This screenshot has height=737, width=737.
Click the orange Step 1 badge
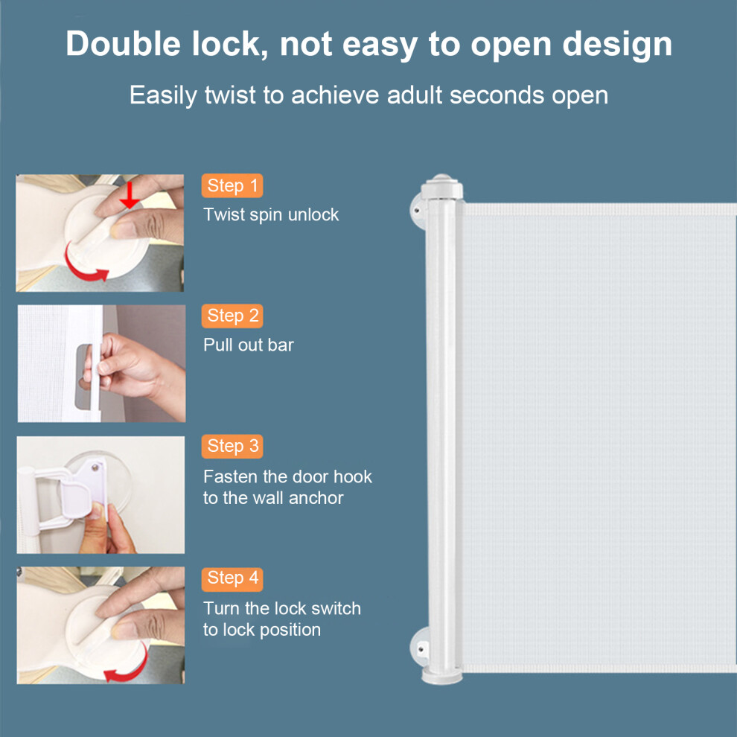pyautogui.click(x=232, y=185)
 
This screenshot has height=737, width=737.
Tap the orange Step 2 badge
pyautogui.click(x=232, y=316)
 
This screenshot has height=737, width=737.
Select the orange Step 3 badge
pyautogui.click(x=232, y=446)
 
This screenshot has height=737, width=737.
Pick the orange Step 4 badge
pyautogui.click(x=232, y=578)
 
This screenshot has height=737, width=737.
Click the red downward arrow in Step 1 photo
pyautogui.click(x=130, y=195)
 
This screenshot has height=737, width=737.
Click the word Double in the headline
pyautogui.click(x=123, y=44)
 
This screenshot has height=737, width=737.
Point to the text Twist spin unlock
pyautogui.click(x=271, y=215)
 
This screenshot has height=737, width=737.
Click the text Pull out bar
pyautogui.click(x=249, y=345)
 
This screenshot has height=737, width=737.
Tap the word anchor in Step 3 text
pyautogui.click(x=316, y=498)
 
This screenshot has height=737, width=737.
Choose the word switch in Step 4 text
pyautogui.click(x=336, y=609)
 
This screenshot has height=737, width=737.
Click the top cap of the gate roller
pyautogui.click(x=441, y=187)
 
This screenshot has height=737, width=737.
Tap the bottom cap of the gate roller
pyautogui.click(x=441, y=675)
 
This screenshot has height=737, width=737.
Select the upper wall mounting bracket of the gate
pyautogui.click(x=418, y=211)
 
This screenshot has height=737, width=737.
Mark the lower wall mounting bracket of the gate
pyautogui.click(x=419, y=649)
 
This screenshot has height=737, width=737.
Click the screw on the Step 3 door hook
pyautogui.click(x=95, y=468)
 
